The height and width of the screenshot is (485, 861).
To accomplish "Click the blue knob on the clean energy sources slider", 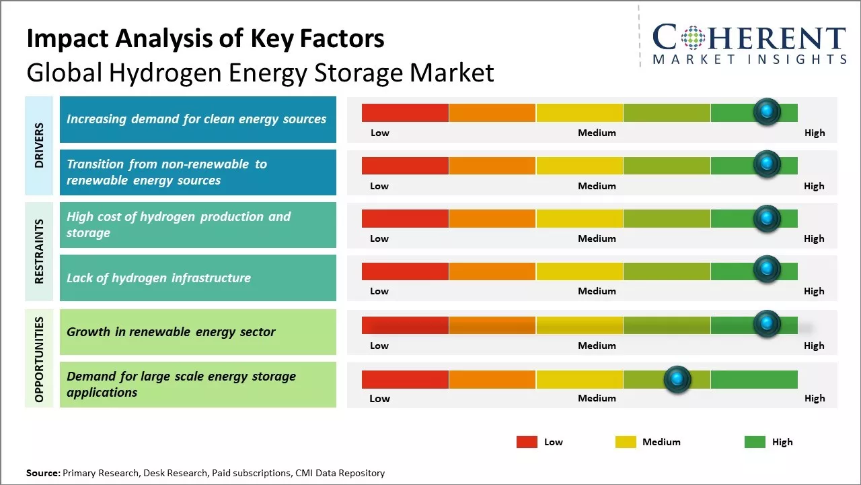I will tap(767, 111).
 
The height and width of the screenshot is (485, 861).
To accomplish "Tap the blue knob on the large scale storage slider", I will tap(677, 380).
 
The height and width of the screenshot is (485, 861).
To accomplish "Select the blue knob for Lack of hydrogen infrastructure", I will tap(767, 269).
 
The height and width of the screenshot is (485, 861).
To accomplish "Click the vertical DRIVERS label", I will tap(39, 145).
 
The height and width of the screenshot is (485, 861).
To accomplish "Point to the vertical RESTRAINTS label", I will tap(39, 251).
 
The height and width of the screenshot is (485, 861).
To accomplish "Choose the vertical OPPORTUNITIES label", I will tap(39, 359).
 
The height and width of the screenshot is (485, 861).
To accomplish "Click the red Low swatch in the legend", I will tap(527, 442).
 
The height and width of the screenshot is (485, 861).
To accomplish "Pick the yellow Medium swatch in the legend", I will tap(626, 442).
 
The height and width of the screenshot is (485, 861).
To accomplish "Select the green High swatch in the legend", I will tap(755, 442).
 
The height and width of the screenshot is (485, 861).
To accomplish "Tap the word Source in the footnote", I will tap(42, 473).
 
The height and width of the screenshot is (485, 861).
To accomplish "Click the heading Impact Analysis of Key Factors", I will tap(205, 38).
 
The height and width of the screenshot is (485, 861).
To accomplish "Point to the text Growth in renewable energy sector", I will tap(171, 331).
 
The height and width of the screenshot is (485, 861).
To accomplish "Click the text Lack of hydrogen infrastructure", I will tap(159, 278).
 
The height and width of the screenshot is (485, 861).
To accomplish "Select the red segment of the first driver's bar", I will tap(405, 112).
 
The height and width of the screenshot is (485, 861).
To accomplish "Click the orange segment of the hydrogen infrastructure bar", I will tap(492, 271).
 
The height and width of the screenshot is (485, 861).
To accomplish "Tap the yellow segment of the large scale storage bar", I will tap(580, 379).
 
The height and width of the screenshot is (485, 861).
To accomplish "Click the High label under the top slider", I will tap(814, 133).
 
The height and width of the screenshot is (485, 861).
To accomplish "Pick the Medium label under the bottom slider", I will tap(597, 398).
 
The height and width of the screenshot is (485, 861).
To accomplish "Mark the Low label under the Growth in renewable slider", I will tap(379, 346).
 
